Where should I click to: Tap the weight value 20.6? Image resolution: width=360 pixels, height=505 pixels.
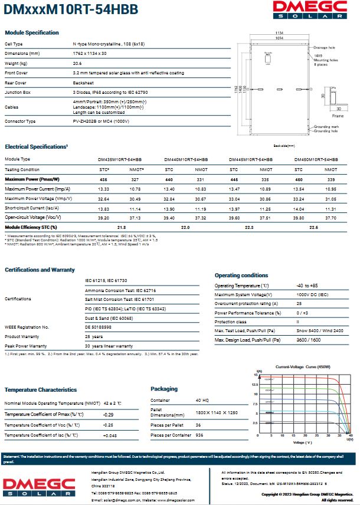[77, 63]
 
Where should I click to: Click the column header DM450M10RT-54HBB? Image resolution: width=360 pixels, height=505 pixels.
[316, 160]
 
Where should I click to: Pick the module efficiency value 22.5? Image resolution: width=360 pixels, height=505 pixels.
[314, 227]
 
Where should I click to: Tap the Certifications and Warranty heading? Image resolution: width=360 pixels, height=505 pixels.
[40, 270]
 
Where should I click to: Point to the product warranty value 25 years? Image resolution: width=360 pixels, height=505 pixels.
[94, 336]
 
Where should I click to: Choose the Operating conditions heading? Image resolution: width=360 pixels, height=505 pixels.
[241, 276]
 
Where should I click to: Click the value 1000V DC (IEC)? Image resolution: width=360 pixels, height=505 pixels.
[312, 294]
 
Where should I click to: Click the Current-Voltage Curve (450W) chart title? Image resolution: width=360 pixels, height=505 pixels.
[302, 366]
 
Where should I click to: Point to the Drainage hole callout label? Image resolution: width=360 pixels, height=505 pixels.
[324, 47]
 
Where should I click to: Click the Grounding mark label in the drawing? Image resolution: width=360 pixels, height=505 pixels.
[325, 126]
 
